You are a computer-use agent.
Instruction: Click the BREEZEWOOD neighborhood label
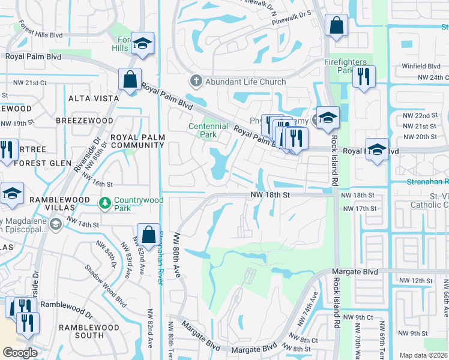pos(84,120)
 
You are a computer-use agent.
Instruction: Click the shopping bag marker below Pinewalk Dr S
pos(336,26)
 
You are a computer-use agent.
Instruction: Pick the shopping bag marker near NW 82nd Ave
pos(148,235)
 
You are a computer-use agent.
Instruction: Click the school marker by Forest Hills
pos(143,43)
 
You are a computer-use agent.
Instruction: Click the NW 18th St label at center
pos(270,195)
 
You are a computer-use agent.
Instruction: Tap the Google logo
pos(20,353)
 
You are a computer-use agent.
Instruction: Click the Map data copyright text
pos(423,355)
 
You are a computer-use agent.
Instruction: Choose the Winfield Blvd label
pos(421,66)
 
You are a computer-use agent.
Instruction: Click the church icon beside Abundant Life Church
pos(196,81)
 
